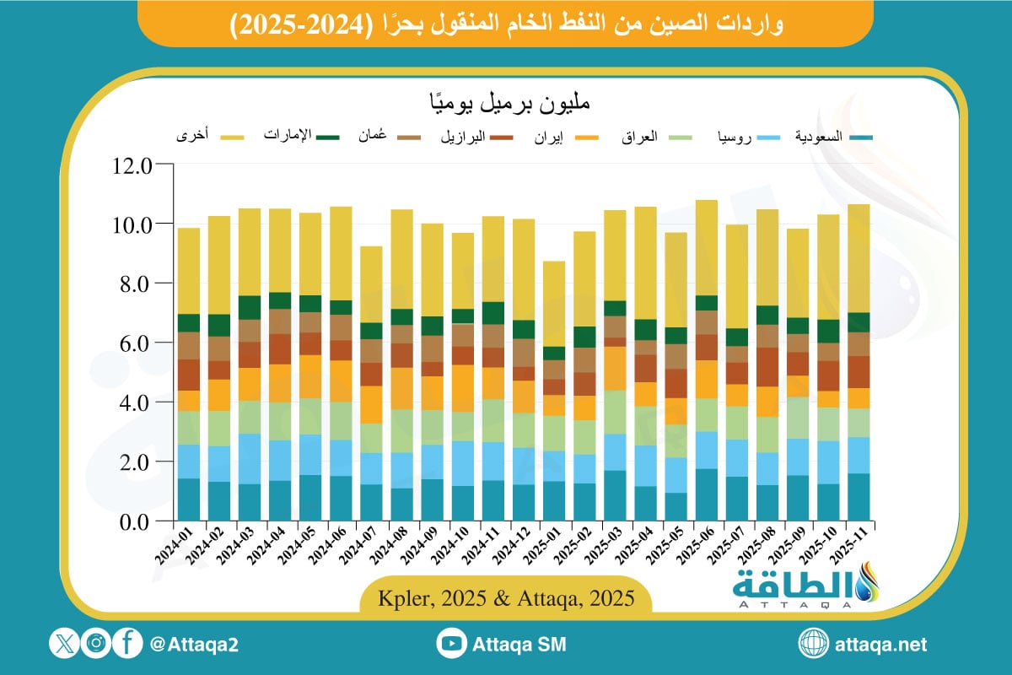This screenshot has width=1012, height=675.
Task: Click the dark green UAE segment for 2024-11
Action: [493, 313]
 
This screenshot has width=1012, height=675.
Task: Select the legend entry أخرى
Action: [193, 136]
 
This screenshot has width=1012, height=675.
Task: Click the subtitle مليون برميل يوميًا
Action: [506, 105]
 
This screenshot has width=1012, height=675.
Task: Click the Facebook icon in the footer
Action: [127, 645]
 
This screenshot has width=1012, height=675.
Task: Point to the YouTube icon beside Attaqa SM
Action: [452, 645]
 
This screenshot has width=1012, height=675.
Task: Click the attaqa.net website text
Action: [880, 645]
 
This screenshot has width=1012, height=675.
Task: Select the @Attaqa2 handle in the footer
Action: [193, 645]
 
